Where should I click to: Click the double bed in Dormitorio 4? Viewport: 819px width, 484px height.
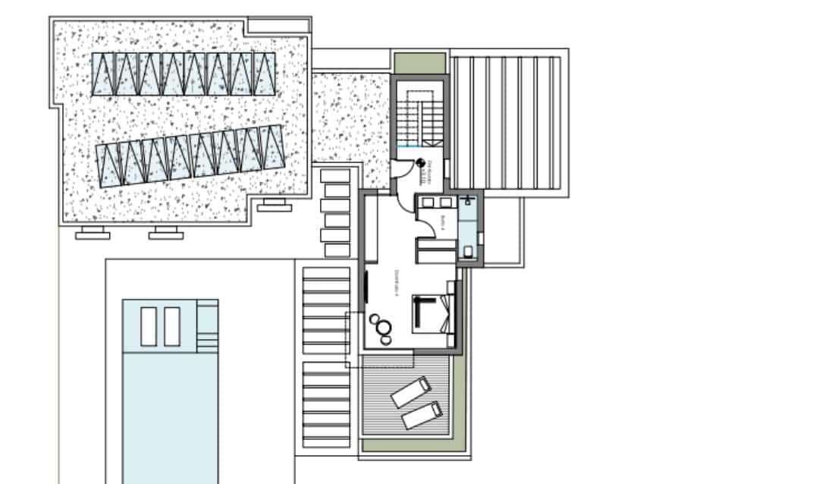click(434, 313)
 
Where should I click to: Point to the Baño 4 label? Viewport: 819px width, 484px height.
click(442, 222)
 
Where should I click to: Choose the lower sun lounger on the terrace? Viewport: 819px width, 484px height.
click(422, 415)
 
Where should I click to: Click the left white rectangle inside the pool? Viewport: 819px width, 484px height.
click(149, 326)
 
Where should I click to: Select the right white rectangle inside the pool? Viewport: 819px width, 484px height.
click(172, 326)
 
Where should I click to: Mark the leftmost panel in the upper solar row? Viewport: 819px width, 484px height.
click(104, 74)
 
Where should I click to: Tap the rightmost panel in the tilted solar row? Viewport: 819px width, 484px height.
click(271, 147)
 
